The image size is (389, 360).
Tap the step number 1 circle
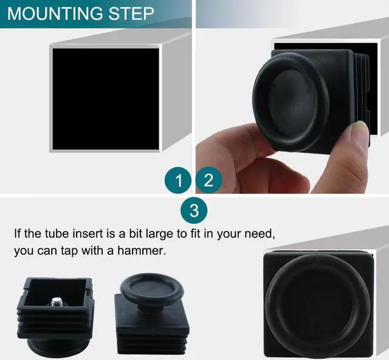click(178, 180)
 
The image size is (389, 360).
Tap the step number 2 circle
click(208, 180)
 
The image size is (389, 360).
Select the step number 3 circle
click(194, 211)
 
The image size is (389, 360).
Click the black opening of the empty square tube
click(105, 97)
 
